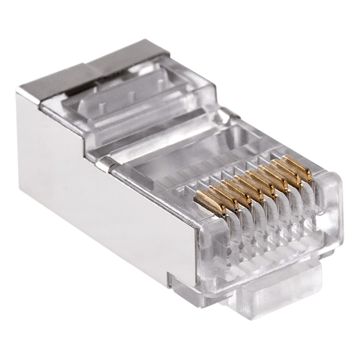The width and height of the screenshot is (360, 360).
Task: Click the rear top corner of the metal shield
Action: tap(22, 92)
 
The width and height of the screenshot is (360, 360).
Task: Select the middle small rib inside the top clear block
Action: tap(129, 95)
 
